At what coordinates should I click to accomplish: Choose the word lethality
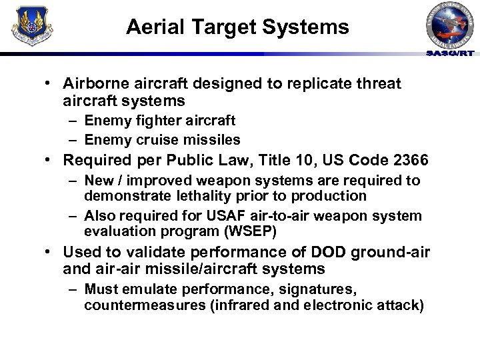[x=202, y=195]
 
